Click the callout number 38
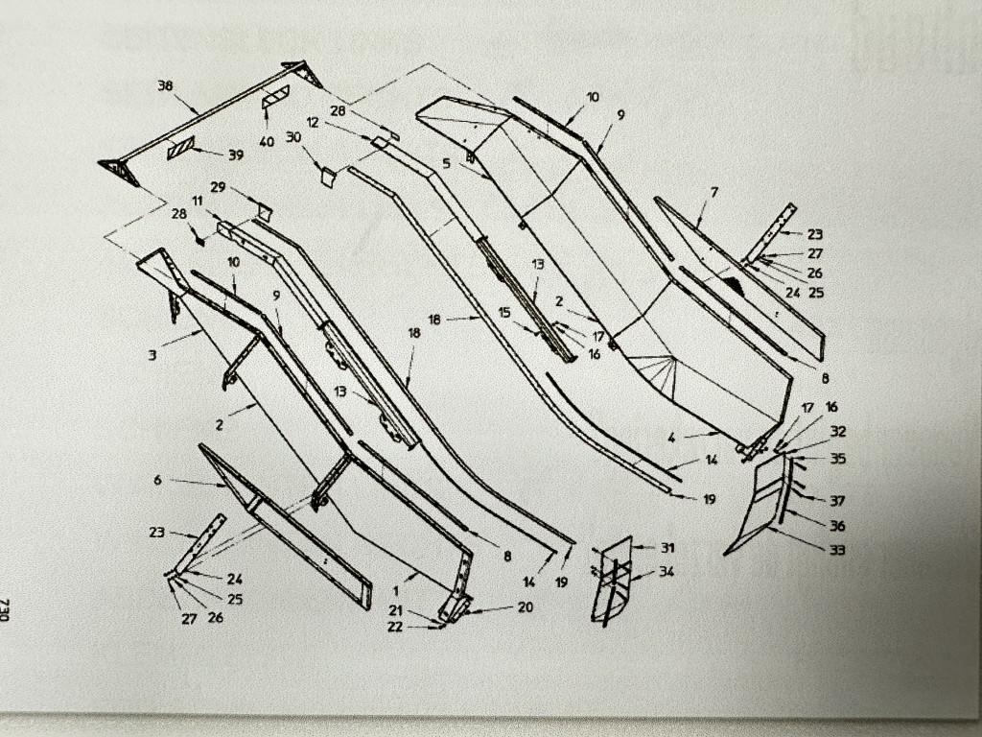165,85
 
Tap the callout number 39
236,155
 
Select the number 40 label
267,142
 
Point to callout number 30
293,137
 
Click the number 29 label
218,187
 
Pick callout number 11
198,202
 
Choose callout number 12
313,122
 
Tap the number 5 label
446,163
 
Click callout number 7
713,192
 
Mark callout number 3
152,355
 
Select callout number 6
157,480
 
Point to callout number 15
504,312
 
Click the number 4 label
671,438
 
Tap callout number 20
525,606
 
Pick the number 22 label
394,626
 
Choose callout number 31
667,548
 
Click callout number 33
837,550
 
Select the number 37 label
837,501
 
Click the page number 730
5,609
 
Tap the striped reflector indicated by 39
181,148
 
